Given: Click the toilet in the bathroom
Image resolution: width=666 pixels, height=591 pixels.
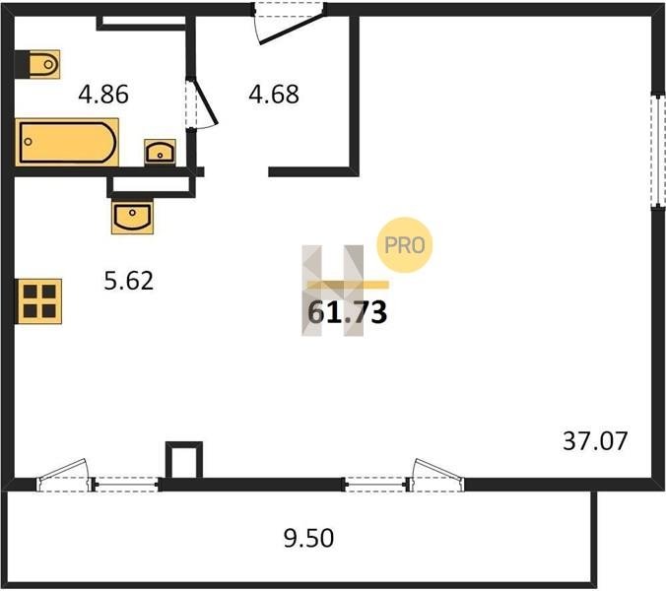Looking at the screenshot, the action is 44,65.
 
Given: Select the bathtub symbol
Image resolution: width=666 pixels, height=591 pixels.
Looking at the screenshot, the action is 67,142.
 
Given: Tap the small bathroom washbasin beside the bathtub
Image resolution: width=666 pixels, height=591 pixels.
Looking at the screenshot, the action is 160,152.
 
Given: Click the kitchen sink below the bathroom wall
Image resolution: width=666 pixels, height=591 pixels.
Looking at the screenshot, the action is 133,217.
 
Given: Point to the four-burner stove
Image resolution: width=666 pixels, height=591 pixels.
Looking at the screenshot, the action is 39,301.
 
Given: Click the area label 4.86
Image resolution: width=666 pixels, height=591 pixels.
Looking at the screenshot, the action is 103,95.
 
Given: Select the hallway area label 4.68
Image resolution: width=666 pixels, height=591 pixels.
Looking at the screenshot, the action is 274,95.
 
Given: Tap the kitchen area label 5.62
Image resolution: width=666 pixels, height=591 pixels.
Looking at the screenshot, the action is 129,281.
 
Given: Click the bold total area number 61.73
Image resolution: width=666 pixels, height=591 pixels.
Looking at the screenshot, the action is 347,312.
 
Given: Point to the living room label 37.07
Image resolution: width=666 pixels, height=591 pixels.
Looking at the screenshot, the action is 595,441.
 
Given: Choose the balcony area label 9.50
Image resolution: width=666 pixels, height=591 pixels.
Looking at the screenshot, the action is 308,539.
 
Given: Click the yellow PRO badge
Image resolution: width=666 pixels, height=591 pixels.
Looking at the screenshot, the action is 404,245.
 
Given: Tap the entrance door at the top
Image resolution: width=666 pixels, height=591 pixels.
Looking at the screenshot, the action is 290,23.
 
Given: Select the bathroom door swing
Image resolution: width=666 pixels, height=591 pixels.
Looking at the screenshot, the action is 201,102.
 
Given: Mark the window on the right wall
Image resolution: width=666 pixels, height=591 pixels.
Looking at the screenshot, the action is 658,151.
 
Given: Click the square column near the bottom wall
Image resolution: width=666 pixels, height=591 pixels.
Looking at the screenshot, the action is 184,460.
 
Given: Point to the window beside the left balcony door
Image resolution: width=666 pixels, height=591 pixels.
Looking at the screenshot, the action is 126,484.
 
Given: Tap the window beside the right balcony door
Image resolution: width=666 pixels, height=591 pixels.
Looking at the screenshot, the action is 376,484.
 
